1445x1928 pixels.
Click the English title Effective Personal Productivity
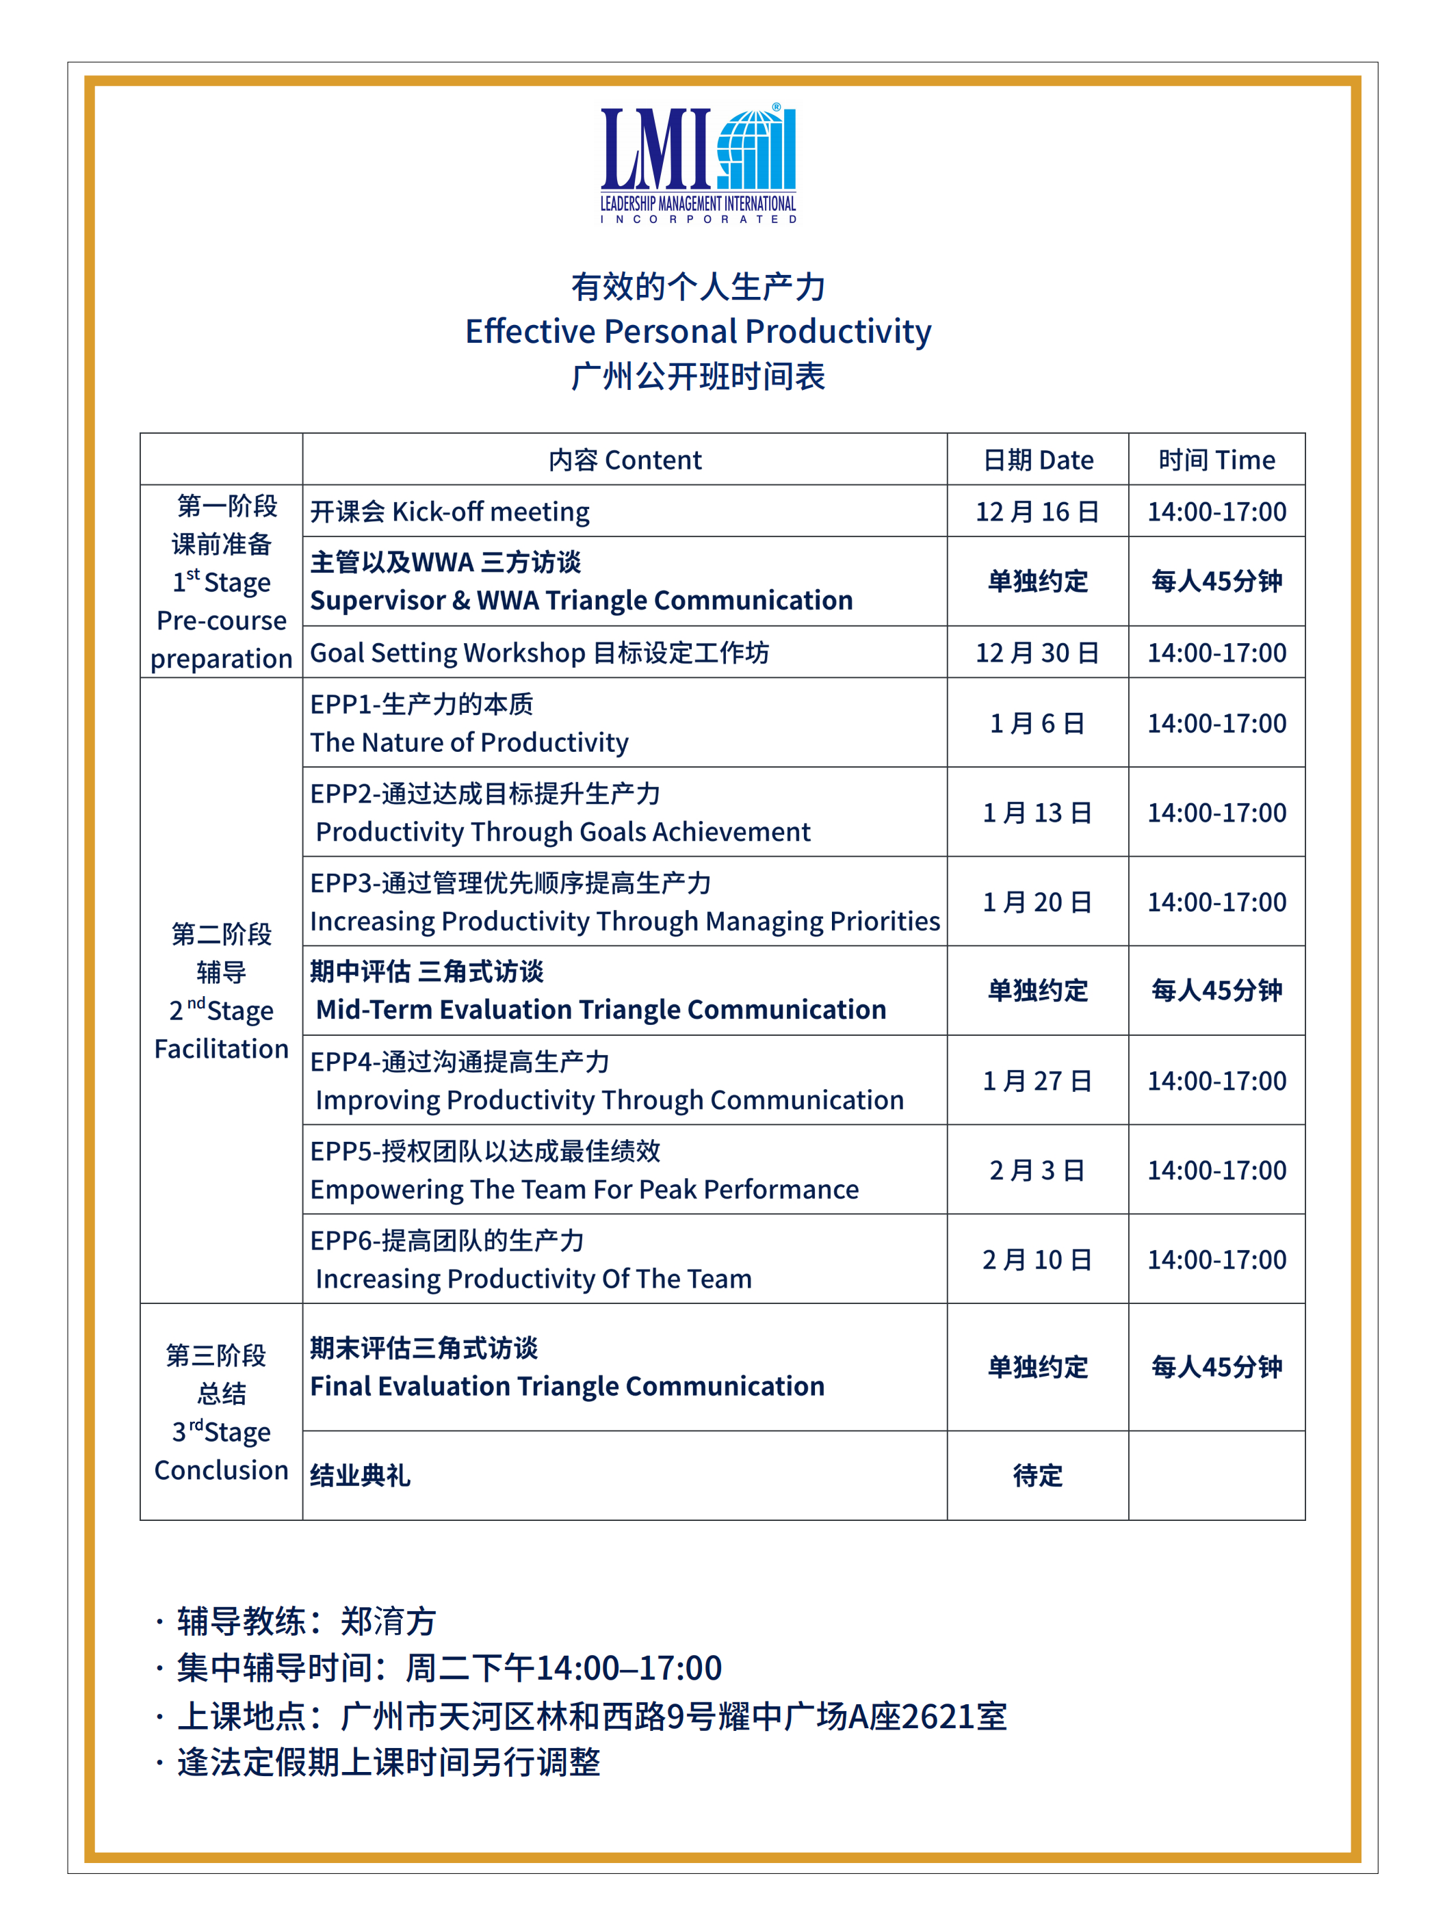pos(698,332)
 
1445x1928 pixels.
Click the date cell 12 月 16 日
pos(1037,512)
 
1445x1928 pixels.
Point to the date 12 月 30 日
pos(1037,653)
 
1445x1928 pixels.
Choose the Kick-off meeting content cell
pos(450,512)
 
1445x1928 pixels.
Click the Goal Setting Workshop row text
pos(539,653)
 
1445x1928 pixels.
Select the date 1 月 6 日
pos(1037,723)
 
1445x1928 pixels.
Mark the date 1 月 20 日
pos(1037,902)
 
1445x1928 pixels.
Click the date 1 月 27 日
pos(1037,1081)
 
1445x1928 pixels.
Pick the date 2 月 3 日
pos(1037,1171)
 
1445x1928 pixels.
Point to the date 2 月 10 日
pos(1037,1260)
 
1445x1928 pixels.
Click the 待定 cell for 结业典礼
pos(1037,1476)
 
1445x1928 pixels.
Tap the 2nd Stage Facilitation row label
pos(222,991)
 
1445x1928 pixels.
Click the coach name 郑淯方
pos(388,1622)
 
